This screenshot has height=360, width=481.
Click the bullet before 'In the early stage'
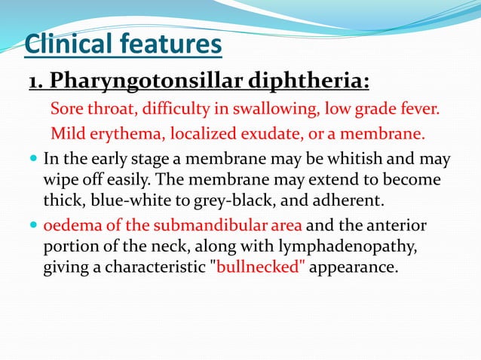coord(34,160)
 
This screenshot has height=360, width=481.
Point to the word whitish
coord(370,160)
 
